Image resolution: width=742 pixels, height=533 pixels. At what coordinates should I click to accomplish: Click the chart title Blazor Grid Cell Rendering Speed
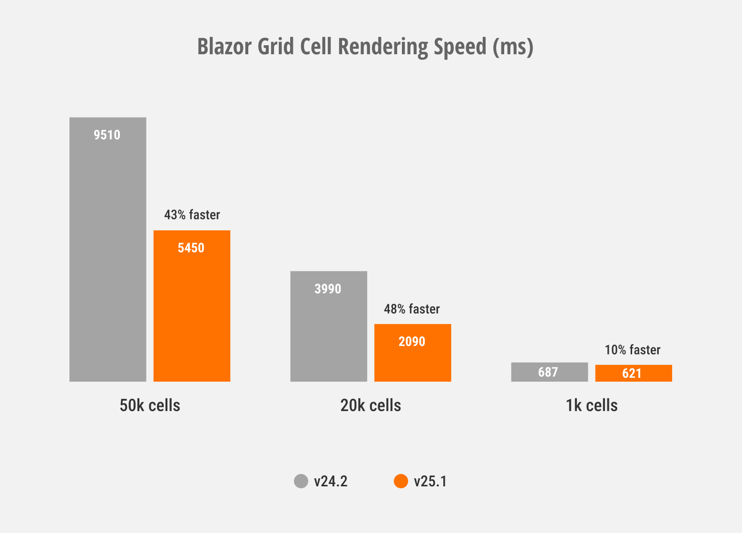pos(365,47)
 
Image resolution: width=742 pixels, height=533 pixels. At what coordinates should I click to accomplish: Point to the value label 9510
pos(107,135)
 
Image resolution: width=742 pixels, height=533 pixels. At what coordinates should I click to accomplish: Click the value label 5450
pos(191,248)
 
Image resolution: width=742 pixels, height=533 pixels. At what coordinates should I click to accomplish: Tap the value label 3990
pos(328,289)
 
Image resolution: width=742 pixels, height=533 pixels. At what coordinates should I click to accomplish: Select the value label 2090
pos(412,342)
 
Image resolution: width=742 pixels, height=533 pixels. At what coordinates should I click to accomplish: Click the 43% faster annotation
pos(192,215)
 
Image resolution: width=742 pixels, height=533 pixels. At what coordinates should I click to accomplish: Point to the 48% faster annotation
pos(412,309)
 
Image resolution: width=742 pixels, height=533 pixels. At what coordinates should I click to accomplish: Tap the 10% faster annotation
pos(633,350)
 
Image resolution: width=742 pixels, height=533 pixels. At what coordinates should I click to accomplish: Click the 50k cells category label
pos(150,405)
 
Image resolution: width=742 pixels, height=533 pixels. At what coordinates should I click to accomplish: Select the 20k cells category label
pos(371,405)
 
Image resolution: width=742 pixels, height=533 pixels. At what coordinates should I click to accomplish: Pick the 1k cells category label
pos(591,405)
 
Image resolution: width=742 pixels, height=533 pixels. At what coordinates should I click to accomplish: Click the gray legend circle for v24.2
pos(301,481)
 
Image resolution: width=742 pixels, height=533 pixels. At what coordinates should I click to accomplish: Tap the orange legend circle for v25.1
pos(401,481)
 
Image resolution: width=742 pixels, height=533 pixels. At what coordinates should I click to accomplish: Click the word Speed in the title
pos(460,47)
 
